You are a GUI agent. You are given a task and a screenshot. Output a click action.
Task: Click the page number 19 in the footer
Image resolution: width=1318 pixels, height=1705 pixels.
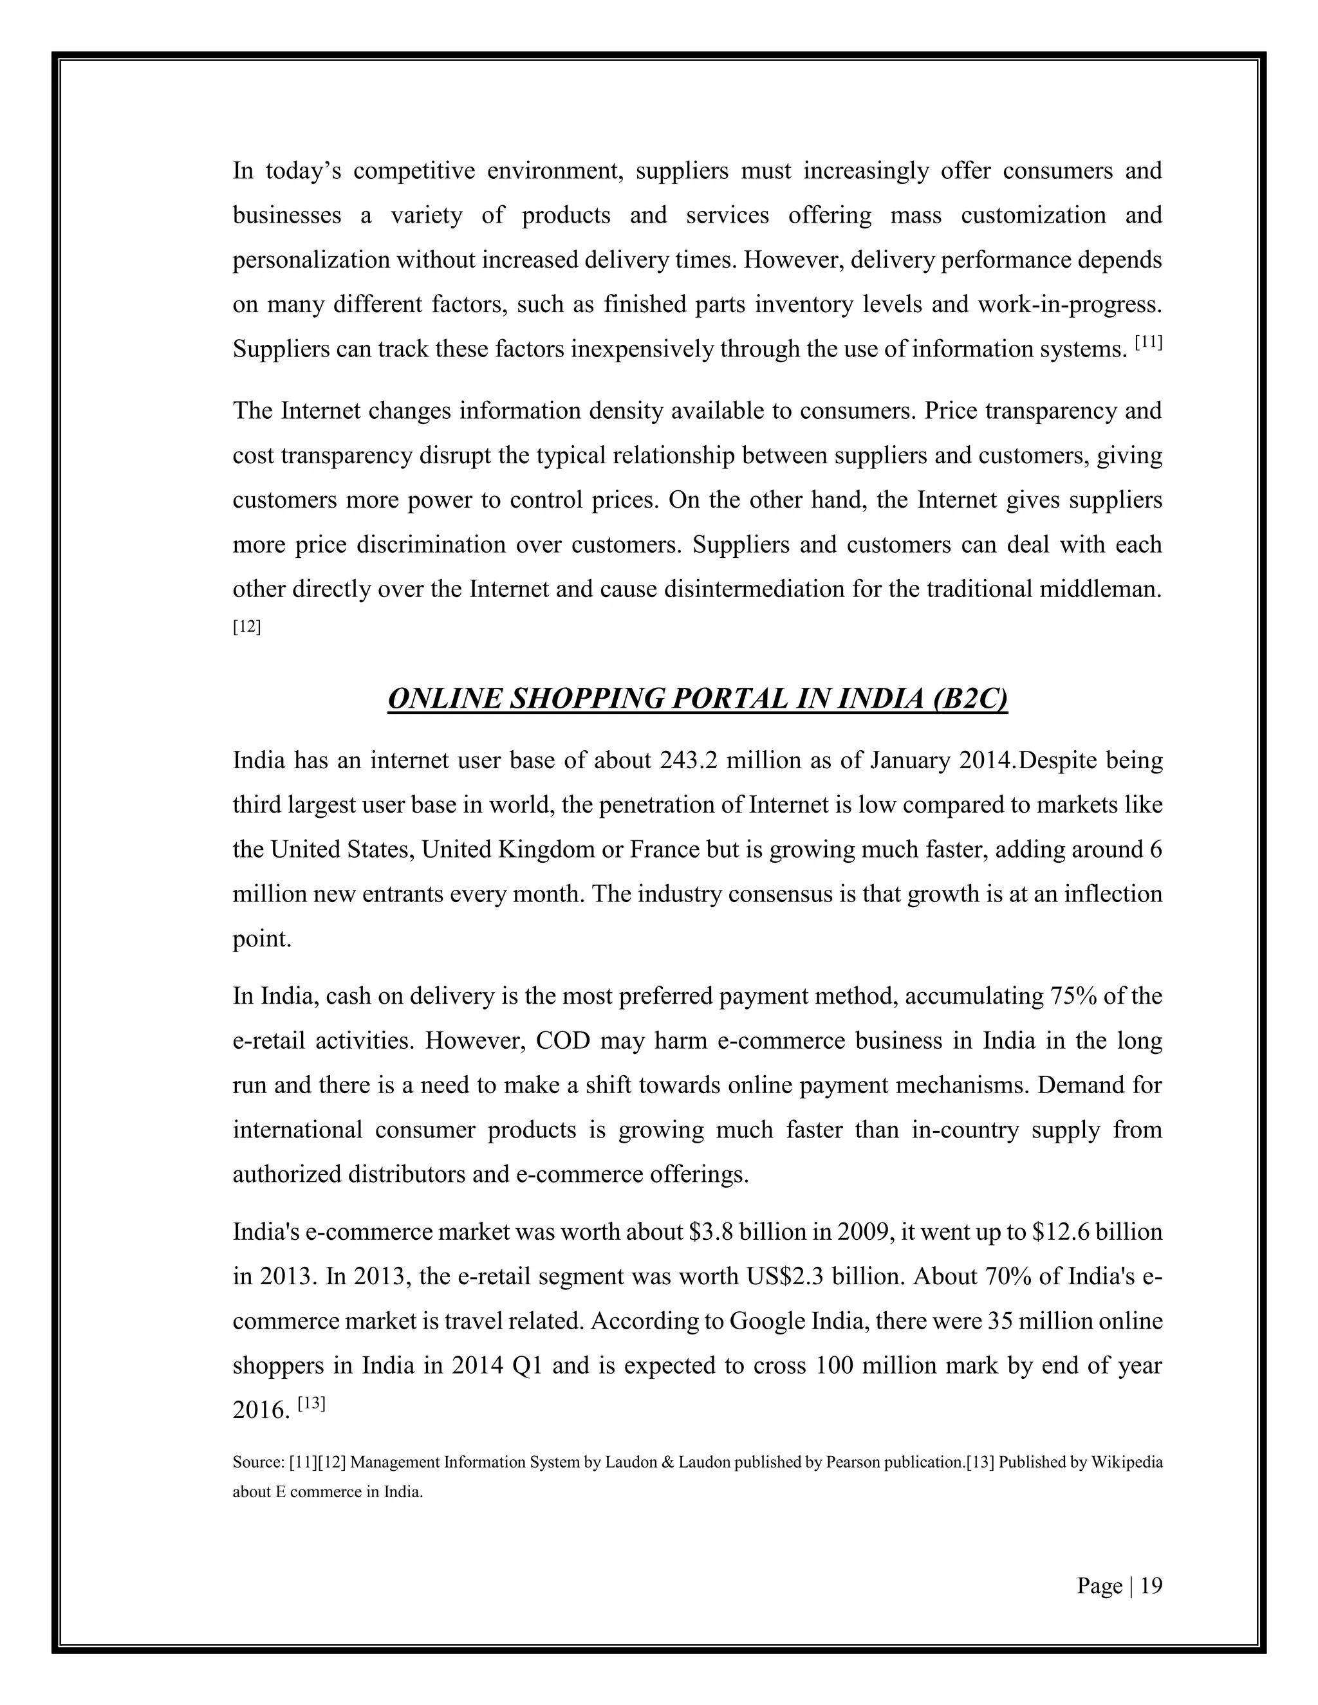coord(1151,1585)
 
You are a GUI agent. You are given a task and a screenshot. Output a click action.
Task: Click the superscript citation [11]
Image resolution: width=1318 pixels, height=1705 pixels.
coord(1149,342)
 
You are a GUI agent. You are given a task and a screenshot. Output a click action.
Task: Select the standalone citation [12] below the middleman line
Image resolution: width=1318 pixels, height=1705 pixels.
coord(246,626)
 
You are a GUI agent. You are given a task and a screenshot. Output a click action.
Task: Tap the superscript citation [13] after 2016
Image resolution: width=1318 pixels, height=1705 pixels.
coord(311,1403)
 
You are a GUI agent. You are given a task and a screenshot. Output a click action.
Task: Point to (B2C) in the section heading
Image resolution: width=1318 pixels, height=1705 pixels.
coord(969,699)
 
